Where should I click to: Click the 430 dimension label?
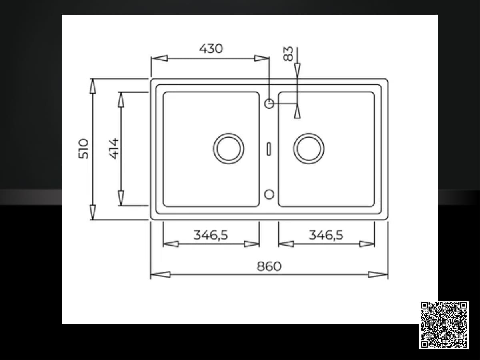click(x=211, y=49)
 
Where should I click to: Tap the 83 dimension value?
click(x=288, y=54)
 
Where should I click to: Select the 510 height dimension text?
click(x=84, y=149)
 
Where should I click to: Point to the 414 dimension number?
click(x=114, y=149)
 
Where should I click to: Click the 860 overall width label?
click(x=269, y=266)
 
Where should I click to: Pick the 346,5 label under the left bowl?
click(x=210, y=235)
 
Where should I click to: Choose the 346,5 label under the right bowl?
click(x=326, y=235)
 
